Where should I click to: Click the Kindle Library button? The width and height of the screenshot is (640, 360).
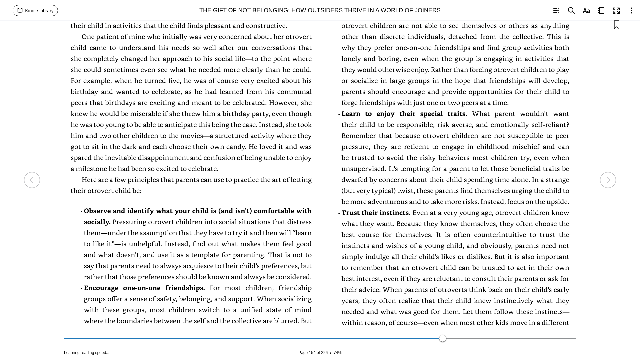[35, 11]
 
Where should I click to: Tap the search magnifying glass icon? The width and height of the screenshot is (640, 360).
[571, 11]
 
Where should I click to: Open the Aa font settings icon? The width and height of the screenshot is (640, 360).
[586, 11]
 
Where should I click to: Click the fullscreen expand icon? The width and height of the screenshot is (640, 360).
[616, 11]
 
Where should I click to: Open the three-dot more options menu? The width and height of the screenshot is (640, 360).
[631, 11]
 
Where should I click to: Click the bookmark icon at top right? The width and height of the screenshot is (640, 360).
[617, 25]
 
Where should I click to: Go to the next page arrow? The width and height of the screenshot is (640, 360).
[608, 180]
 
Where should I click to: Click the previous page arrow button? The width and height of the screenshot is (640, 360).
[32, 180]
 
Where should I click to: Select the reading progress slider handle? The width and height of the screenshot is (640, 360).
[443, 338]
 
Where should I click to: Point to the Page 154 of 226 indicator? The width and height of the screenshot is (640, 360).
[313, 353]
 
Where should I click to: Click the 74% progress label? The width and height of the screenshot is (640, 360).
[337, 353]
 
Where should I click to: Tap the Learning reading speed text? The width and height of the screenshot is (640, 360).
[87, 353]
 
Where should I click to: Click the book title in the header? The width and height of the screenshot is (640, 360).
[320, 10]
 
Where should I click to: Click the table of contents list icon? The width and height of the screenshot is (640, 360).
[556, 11]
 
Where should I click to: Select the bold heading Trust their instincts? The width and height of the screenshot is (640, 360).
[376, 213]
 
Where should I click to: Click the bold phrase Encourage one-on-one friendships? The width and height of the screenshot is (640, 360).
[144, 288]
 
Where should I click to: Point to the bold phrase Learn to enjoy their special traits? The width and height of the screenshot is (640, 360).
[404, 114]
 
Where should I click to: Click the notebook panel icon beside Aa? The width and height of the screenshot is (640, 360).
[601, 11]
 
